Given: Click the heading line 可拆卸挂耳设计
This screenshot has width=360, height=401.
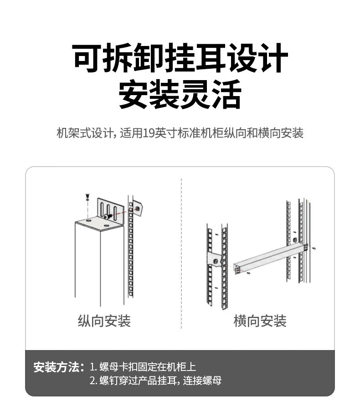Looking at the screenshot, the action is click(180, 58).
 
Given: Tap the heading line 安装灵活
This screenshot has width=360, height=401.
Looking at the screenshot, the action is click(180, 94).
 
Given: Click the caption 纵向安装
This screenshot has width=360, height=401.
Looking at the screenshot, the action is click(104, 321).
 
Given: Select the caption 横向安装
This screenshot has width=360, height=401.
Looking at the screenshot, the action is click(260, 321).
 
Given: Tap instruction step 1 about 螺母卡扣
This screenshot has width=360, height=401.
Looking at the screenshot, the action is click(143, 367).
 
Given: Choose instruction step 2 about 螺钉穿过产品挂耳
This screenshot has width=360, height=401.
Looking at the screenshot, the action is click(156, 381).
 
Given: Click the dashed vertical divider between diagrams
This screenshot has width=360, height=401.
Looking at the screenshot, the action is click(181, 253).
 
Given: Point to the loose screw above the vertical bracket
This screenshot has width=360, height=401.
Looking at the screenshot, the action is click(88, 197).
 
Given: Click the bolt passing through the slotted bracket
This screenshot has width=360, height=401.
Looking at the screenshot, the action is click(108, 217).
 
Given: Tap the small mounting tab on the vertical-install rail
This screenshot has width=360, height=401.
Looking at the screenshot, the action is click(137, 208).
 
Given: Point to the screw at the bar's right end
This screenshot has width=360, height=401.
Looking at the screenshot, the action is click(314, 248).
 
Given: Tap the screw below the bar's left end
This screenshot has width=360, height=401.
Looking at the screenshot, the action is click(248, 274).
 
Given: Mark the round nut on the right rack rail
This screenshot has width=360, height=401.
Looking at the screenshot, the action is click(295, 240).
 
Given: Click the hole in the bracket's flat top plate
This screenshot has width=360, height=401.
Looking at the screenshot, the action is click(106, 226).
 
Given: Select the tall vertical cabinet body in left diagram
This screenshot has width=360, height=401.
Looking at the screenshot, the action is click(100, 264).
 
